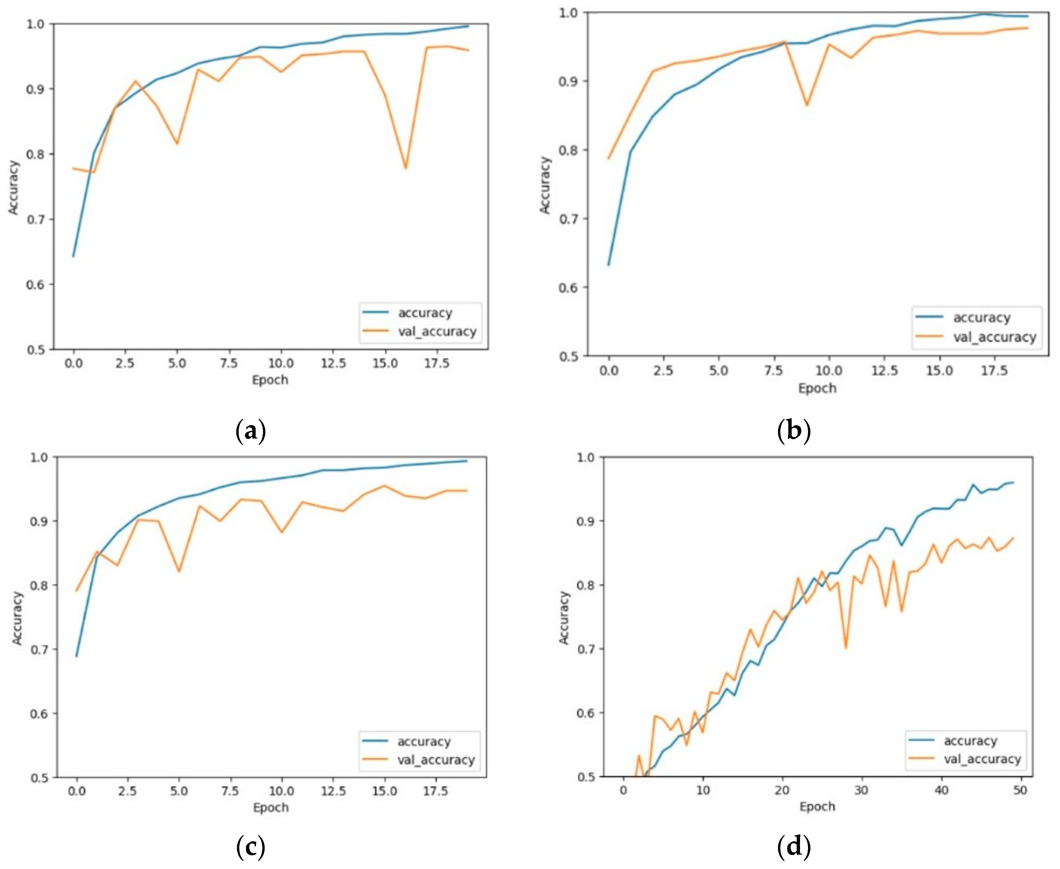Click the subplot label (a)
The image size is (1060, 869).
tap(250, 431)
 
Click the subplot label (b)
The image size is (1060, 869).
tap(794, 431)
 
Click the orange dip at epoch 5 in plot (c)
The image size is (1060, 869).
tap(179, 571)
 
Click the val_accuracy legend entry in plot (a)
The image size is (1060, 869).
tap(437, 331)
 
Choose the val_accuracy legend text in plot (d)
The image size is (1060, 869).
tap(982, 759)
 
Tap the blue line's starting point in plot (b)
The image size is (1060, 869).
tap(609, 265)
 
